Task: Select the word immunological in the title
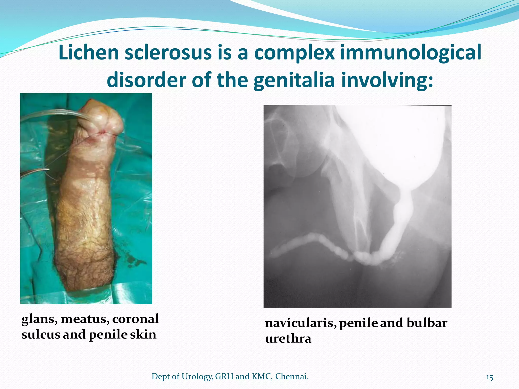(411, 53)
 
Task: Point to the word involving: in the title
(387, 80)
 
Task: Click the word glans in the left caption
(40, 319)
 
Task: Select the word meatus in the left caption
(85, 319)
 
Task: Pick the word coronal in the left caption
(135, 319)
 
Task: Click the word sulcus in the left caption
(41, 335)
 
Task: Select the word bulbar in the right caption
(427, 323)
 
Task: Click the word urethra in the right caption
(288, 339)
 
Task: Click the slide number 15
(490, 378)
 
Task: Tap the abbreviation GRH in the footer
(224, 377)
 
